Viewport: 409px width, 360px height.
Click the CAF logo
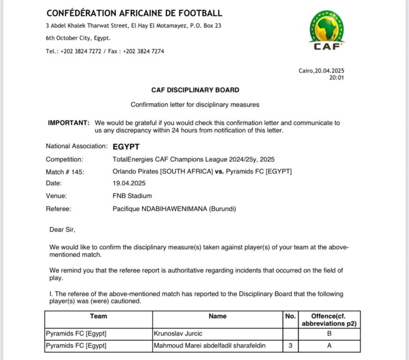tap(327, 31)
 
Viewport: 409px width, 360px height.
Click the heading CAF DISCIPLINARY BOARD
tap(195, 90)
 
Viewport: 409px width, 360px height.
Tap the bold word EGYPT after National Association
tap(126, 146)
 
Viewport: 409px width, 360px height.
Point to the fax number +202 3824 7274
tap(144, 51)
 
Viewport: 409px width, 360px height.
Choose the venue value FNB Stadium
tap(132, 196)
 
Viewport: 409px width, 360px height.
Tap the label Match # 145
tap(64, 172)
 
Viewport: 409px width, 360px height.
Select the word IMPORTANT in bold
tap(69, 123)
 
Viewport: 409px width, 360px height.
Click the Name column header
tap(217, 317)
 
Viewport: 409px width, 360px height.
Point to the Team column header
tap(98, 317)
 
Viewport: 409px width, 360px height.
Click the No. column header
tap(290, 317)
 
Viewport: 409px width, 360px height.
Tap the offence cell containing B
tap(329, 333)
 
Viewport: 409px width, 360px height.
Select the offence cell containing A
tap(329, 346)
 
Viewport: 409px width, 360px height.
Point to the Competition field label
tap(64, 159)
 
